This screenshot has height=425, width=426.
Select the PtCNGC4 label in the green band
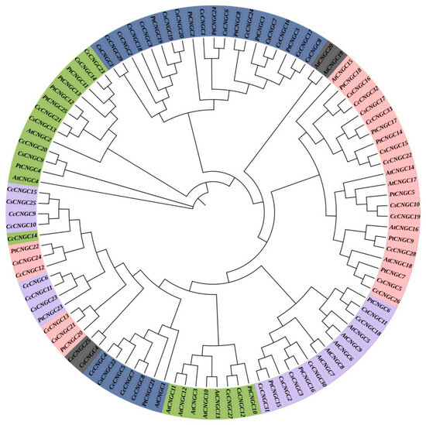click(x=26, y=167)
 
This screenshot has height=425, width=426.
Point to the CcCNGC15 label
click(x=22, y=191)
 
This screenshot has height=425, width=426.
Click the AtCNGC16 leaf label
click(x=403, y=229)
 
